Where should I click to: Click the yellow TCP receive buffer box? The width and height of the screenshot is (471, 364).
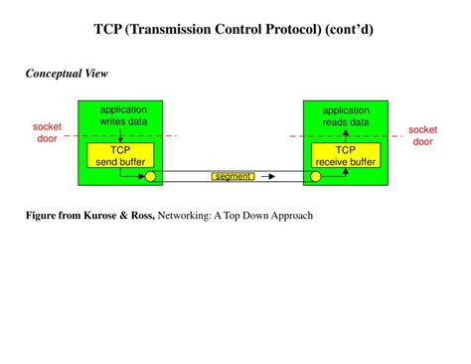pos(344,156)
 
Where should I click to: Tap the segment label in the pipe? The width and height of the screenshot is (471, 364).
pos(233,177)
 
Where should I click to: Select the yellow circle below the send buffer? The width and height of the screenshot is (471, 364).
pos(151,178)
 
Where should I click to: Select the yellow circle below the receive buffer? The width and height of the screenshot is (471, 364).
pos(316,178)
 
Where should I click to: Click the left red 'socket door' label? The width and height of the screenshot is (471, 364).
pos(48,134)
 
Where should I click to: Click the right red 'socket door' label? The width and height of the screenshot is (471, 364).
pos(422,135)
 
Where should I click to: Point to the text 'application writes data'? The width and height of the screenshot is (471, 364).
pos(123,115)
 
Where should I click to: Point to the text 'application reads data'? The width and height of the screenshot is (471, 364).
pos(345,115)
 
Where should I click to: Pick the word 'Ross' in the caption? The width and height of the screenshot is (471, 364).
pos(140,215)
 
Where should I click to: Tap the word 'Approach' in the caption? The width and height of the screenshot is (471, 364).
pos(288,215)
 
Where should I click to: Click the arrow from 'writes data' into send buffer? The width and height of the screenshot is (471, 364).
pos(120,134)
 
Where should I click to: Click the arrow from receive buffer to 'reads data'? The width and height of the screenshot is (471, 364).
pos(346,134)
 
